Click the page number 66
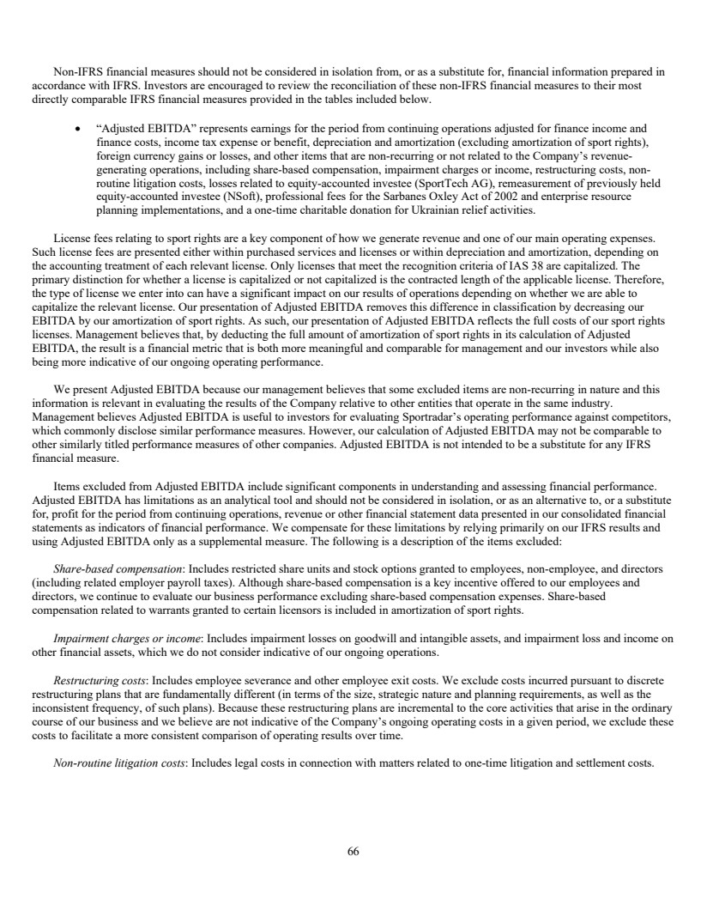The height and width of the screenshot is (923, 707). [x=353, y=852]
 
